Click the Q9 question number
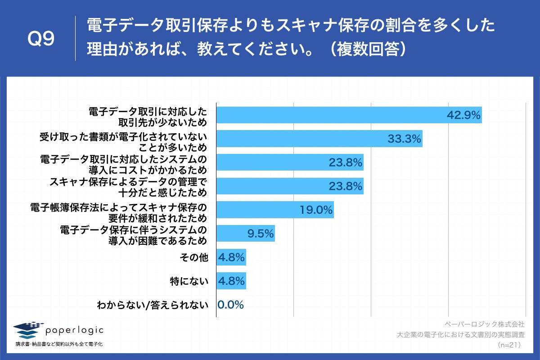(x=41, y=39)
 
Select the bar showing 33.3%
(x=319, y=139)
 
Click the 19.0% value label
(x=316, y=210)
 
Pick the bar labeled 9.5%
(x=245, y=233)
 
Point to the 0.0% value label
(x=230, y=305)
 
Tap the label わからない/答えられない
(x=153, y=305)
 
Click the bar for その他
(x=231, y=257)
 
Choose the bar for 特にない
(x=231, y=281)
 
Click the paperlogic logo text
(x=74, y=330)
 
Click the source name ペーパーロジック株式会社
(x=484, y=324)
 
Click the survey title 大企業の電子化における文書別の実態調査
(x=460, y=335)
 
